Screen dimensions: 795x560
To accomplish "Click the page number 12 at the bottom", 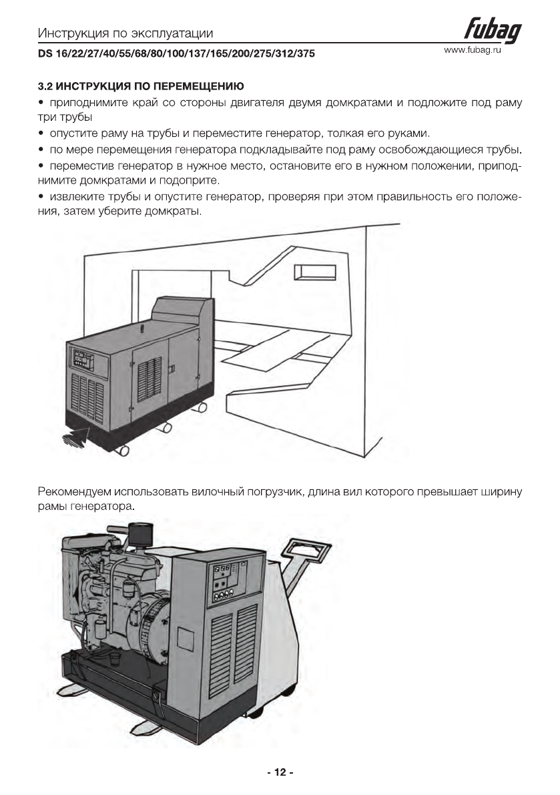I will point(280,772).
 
